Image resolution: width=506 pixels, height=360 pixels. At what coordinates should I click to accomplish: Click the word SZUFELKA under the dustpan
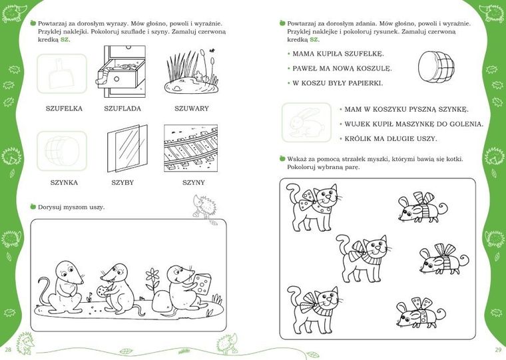coord(64,108)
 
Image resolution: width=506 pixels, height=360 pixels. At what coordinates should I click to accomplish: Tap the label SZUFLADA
coord(123,108)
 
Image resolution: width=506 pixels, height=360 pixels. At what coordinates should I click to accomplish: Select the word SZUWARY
coord(192,108)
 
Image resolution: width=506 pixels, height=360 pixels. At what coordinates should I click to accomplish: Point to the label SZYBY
coord(123,182)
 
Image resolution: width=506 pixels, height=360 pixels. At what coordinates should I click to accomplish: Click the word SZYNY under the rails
coord(194,182)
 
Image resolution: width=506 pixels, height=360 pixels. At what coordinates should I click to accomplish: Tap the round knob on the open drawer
coord(117,79)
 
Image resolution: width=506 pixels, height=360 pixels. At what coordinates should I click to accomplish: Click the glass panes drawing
coord(127,148)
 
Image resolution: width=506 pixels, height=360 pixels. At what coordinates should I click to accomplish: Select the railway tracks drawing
coord(190,148)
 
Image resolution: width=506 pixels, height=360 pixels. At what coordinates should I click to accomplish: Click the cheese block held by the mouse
coord(202,284)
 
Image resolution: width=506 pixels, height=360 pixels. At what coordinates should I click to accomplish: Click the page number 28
coord(8,349)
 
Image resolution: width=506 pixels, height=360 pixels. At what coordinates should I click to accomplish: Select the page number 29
coord(498,349)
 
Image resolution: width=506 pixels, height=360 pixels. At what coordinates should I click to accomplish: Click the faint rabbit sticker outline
coord(306,122)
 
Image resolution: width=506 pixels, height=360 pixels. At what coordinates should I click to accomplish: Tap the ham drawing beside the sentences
coord(436,68)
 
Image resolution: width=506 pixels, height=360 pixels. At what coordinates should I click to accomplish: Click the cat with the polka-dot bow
coord(314,207)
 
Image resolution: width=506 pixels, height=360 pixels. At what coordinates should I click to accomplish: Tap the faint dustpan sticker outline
coord(61,74)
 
